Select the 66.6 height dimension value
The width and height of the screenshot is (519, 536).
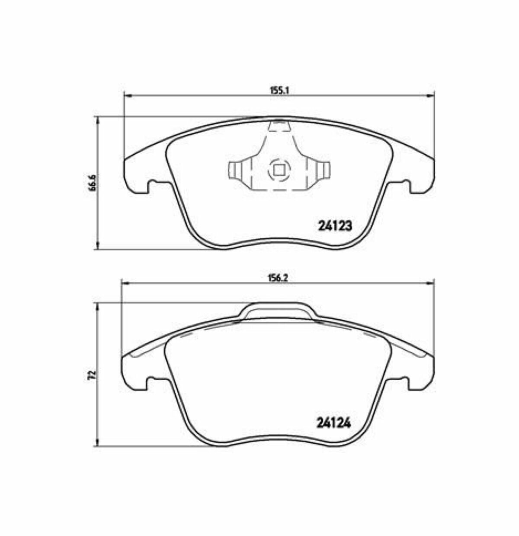click(92, 182)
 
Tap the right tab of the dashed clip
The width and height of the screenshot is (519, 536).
click(323, 170)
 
